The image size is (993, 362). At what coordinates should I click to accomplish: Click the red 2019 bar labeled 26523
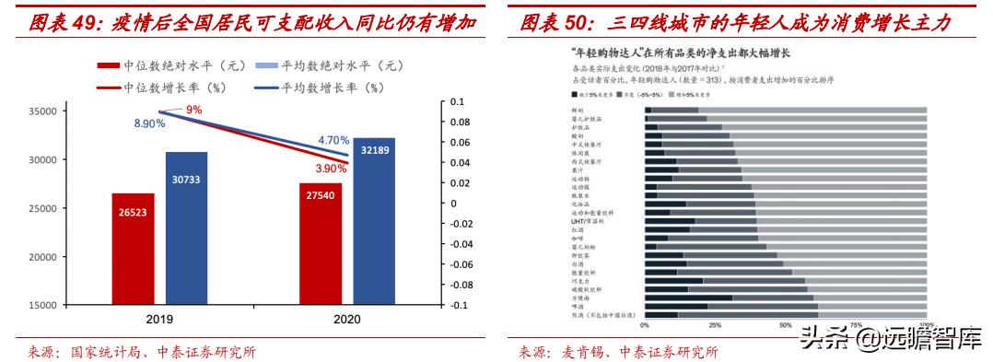pyautogui.click(x=133, y=248)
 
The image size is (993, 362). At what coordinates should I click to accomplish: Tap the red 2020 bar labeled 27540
pyautogui.click(x=321, y=243)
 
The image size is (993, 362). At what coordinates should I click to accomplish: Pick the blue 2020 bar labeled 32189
pyautogui.click(x=375, y=221)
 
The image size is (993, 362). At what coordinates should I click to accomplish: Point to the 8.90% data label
pyautogui.click(x=150, y=123)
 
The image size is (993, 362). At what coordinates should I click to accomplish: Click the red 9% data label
pyautogui.click(x=193, y=111)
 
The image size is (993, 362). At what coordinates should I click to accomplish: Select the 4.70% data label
pyautogui.click(x=333, y=140)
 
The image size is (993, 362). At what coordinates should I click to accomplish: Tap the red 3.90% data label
pyautogui.click(x=329, y=169)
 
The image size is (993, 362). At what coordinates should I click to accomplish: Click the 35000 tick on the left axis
pyautogui.click(x=43, y=111)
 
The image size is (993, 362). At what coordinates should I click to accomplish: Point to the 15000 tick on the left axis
pyautogui.click(x=43, y=306)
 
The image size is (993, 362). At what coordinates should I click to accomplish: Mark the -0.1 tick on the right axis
pyautogui.click(x=456, y=306)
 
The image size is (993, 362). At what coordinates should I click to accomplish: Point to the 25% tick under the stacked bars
pyautogui.click(x=714, y=325)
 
